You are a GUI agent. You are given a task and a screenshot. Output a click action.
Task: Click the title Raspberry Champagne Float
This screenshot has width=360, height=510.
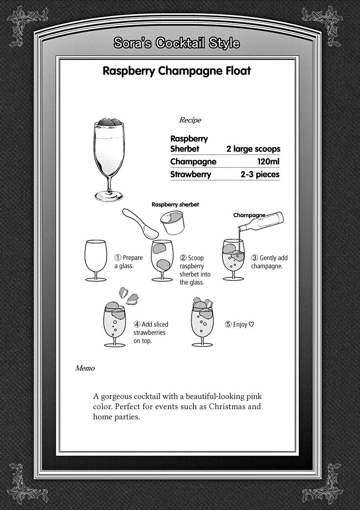tap(176, 71)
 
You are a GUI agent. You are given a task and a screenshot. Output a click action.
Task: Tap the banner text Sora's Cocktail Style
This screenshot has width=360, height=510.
tap(176, 43)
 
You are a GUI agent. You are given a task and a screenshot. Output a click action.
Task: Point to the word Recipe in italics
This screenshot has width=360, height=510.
tap(190, 120)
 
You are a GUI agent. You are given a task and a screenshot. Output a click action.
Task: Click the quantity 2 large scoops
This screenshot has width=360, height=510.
tap(253, 149)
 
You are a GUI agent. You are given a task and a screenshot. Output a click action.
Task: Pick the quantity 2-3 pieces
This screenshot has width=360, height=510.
tap(260, 175)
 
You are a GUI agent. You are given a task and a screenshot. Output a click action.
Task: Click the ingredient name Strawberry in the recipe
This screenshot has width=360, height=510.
tap(190, 175)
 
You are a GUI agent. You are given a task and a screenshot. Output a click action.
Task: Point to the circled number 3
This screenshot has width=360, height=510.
tap(255, 258)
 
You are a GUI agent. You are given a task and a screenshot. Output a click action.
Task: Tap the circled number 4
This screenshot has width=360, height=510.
tap(137, 325)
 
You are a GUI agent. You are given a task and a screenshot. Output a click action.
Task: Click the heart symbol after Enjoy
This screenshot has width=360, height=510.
tap(251, 325)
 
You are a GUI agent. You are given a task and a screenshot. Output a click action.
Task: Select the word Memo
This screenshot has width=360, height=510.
tap(85, 368)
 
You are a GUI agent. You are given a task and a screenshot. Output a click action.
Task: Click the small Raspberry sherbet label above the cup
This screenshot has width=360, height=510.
tap(175, 204)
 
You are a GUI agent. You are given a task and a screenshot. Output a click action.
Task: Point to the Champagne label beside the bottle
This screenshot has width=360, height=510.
tap(249, 215)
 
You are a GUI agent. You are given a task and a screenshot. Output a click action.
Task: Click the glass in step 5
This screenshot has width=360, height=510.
tap(202, 323)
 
